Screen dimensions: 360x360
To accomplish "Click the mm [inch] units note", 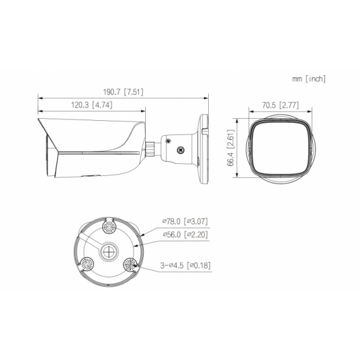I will pyautogui.click(x=309, y=79).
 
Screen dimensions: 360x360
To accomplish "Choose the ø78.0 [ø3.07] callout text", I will pyautogui.click(x=186, y=220).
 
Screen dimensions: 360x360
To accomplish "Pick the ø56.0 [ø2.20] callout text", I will pyautogui.click(x=186, y=234).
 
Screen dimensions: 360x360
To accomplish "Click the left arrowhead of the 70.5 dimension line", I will pyautogui.click(x=246, y=111).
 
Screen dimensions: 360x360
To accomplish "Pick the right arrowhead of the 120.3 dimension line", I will pyautogui.click(x=145, y=111).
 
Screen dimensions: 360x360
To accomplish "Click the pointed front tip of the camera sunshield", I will pyautogui.click(x=41, y=119).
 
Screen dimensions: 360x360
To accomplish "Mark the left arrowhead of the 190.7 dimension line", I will pyautogui.click(x=38, y=99).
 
